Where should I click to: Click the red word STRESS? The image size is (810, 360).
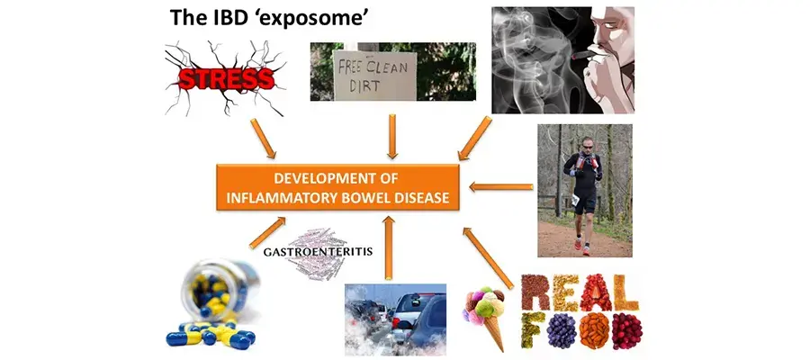tap(226, 79)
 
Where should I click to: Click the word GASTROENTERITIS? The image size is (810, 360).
tap(318, 252)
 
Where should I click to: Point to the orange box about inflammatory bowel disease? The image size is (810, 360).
tap(337, 187)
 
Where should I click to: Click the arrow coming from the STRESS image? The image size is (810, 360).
tap(263, 139)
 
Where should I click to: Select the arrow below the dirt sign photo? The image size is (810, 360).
tap(392, 137)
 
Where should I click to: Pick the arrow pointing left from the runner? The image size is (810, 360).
tap(500, 187)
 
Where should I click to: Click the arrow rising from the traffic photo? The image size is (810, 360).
tap(389, 247)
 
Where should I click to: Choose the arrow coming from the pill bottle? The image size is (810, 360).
tap(267, 232)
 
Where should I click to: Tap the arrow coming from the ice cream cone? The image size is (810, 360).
tap(488, 257)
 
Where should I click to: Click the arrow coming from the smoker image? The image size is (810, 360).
tap(474, 138)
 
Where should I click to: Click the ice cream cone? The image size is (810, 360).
tap(486, 316)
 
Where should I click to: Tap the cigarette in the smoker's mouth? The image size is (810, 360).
tap(585, 54)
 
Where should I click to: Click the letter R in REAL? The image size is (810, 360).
tap(534, 292)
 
